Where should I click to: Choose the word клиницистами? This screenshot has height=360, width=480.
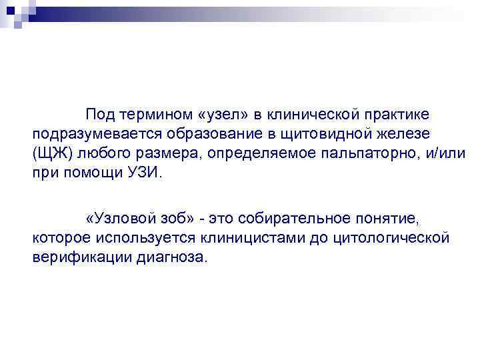tap(241, 237)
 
